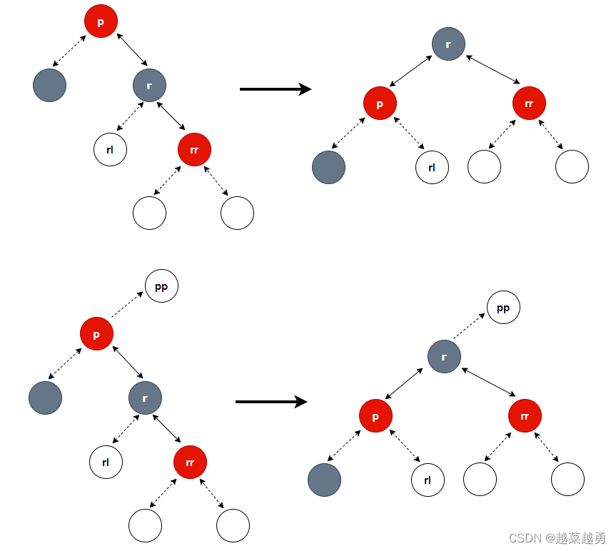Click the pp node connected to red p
(x=161, y=286)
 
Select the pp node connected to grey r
(x=503, y=308)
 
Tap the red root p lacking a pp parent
(x=101, y=21)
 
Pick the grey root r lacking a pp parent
(x=448, y=44)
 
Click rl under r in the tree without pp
(x=110, y=150)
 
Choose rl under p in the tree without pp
(x=432, y=168)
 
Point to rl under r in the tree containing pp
(x=106, y=462)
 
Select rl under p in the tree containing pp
(x=428, y=480)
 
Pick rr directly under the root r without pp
(x=529, y=103)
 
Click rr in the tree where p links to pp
(x=190, y=462)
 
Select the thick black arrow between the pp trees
(x=271, y=402)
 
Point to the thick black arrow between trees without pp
(x=275, y=89)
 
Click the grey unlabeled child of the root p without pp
(x=49, y=86)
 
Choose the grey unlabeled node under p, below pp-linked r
(x=325, y=480)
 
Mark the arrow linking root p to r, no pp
(x=131, y=48)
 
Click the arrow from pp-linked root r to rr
(x=489, y=382)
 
